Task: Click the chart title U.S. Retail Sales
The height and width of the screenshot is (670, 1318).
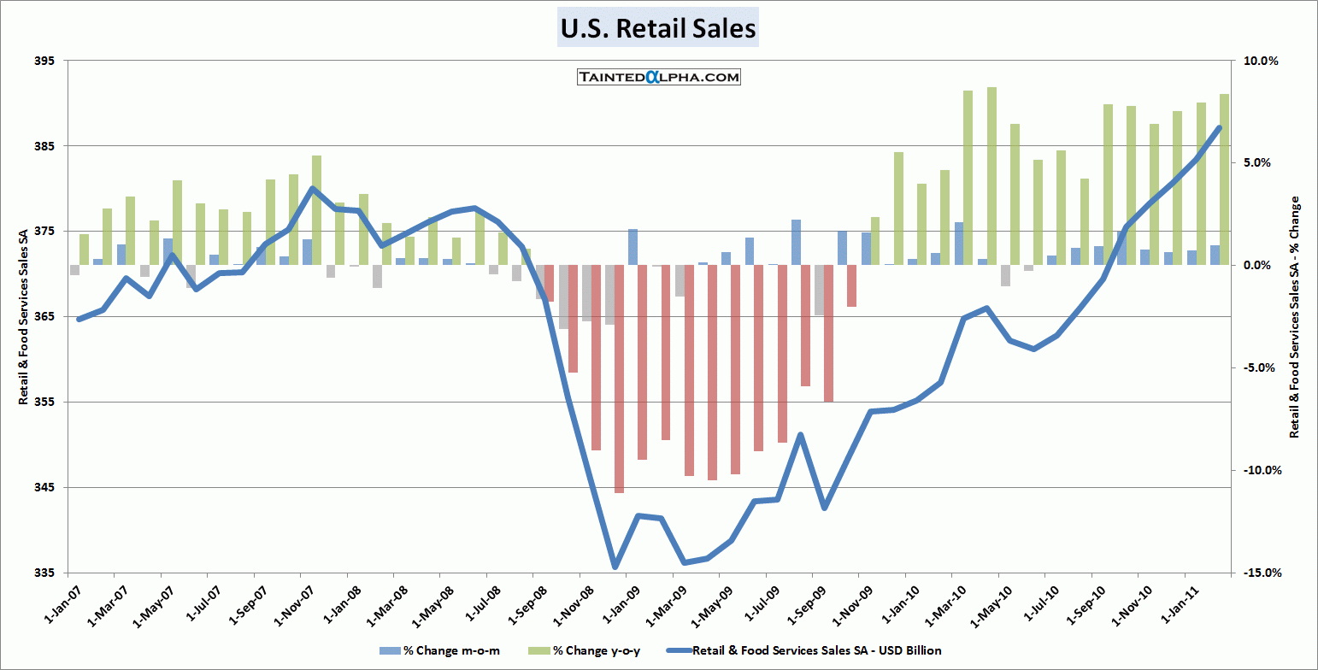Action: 657,28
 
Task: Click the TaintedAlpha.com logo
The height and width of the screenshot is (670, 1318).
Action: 657,77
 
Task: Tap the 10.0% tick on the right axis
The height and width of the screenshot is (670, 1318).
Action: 1259,61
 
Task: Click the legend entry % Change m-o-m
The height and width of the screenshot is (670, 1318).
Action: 439,651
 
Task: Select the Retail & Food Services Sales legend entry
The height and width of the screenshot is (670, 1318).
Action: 816,651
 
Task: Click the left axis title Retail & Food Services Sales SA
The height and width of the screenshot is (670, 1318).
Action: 24,318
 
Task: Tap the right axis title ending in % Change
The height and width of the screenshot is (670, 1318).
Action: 1294,318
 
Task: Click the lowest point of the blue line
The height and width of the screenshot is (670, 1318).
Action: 615,567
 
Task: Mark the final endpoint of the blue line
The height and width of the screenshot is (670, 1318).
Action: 1220,127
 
